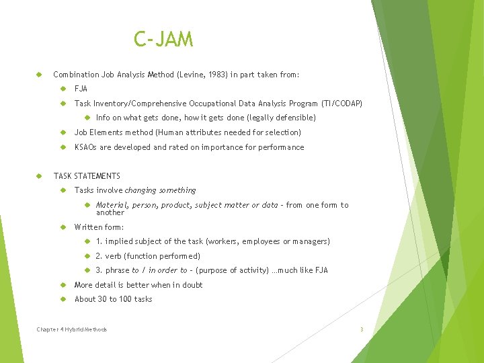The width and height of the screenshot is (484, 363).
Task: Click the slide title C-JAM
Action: point(163,40)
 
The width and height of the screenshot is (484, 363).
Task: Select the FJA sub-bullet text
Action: point(81,89)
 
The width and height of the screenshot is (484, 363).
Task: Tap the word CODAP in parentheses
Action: point(348,104)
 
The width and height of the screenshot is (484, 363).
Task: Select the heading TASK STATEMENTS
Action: point(87,176)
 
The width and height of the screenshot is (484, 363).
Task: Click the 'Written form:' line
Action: point(99,227)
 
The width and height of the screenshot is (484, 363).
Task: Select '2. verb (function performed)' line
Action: point(148,256)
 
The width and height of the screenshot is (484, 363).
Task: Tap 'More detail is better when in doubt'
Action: point(138,285)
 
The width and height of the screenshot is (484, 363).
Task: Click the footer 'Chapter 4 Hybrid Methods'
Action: point(72,329)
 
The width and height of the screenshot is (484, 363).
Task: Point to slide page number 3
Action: point(362,329)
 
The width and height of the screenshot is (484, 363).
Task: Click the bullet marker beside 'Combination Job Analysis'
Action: point(40,75)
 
